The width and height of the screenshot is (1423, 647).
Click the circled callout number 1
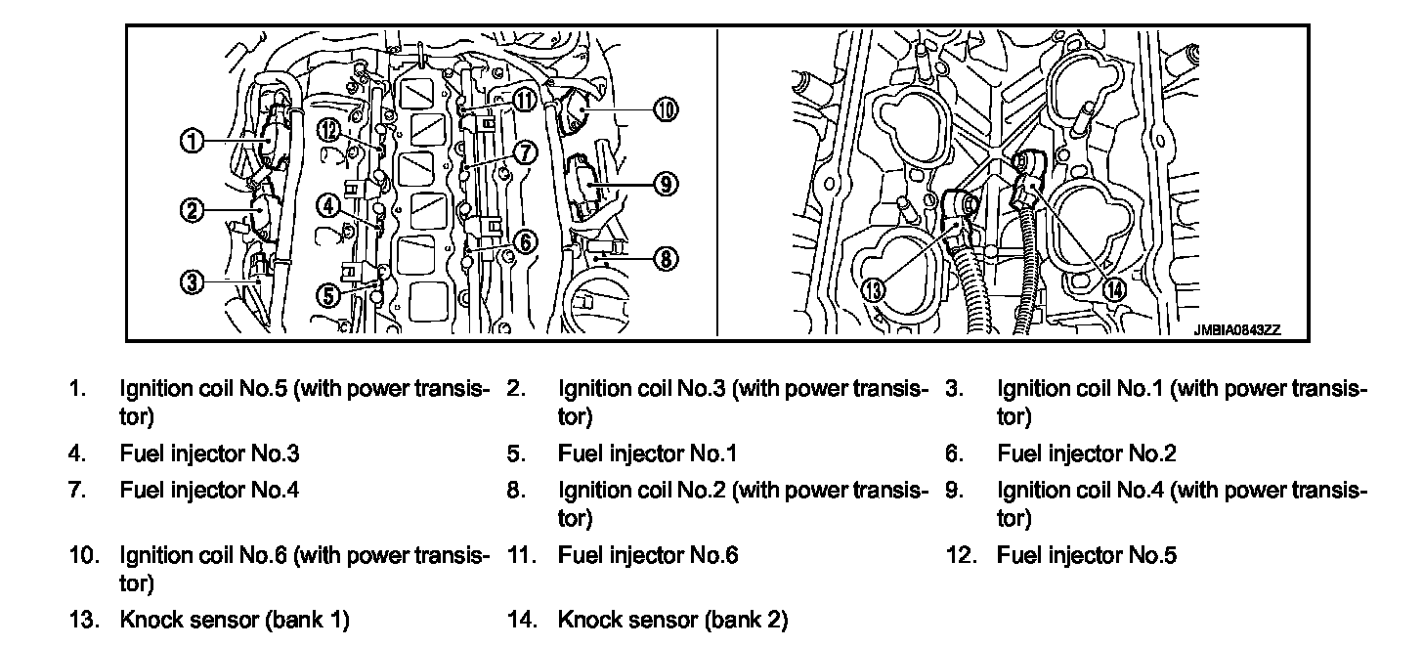click(191, 142)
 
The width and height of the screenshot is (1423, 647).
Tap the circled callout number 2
click(191, 209)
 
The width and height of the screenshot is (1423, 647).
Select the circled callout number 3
click(191, 282)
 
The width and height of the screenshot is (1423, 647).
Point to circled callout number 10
click(665, 109)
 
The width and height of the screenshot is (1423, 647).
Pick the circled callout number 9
click(665, 183)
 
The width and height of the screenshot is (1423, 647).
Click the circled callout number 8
click(665, 259)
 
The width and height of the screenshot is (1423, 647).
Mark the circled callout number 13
click(873, 289)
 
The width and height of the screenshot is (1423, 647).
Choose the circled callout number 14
click(1113, 289)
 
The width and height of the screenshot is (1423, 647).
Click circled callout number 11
click(526, 99)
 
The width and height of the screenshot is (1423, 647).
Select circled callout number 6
click(525, 241)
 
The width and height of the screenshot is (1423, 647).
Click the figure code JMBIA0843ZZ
click(1235, 330)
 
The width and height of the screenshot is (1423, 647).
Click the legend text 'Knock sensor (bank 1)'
click(234, 620)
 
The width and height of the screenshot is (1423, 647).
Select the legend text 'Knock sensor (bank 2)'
click(672, 620)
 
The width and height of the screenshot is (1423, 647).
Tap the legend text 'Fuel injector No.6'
click(648, 556)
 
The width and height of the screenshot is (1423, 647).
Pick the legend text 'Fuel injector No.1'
click(647, 453)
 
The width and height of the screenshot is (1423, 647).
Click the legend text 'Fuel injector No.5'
click(1087, 556)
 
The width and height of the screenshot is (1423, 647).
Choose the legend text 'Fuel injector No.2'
click(1087, 453)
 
